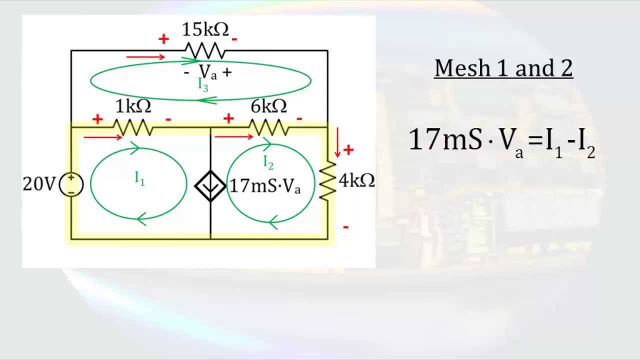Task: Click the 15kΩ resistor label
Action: click(205, 30)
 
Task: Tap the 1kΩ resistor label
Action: click(133, 106)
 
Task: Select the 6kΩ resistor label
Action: click(269, 106)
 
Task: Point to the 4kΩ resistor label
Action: click(357, 180)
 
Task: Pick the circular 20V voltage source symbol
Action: click(71, 184)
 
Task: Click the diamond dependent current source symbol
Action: click(210, 185)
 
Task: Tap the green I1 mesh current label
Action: click(139, 178)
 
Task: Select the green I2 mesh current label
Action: click(268, 161)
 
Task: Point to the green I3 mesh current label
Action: click(203, 84)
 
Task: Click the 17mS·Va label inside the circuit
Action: click(265, 186)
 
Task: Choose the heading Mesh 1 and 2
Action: click(503, 68)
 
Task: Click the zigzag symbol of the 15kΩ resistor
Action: click(205, 50)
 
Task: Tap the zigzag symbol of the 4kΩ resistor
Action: click(327, 181)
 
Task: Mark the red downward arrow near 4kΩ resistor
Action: click(338, 141)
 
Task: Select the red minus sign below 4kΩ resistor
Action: click(345, 227)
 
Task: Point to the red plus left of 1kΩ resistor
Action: click(97, 119)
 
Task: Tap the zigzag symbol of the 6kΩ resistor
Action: click(269, 128)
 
